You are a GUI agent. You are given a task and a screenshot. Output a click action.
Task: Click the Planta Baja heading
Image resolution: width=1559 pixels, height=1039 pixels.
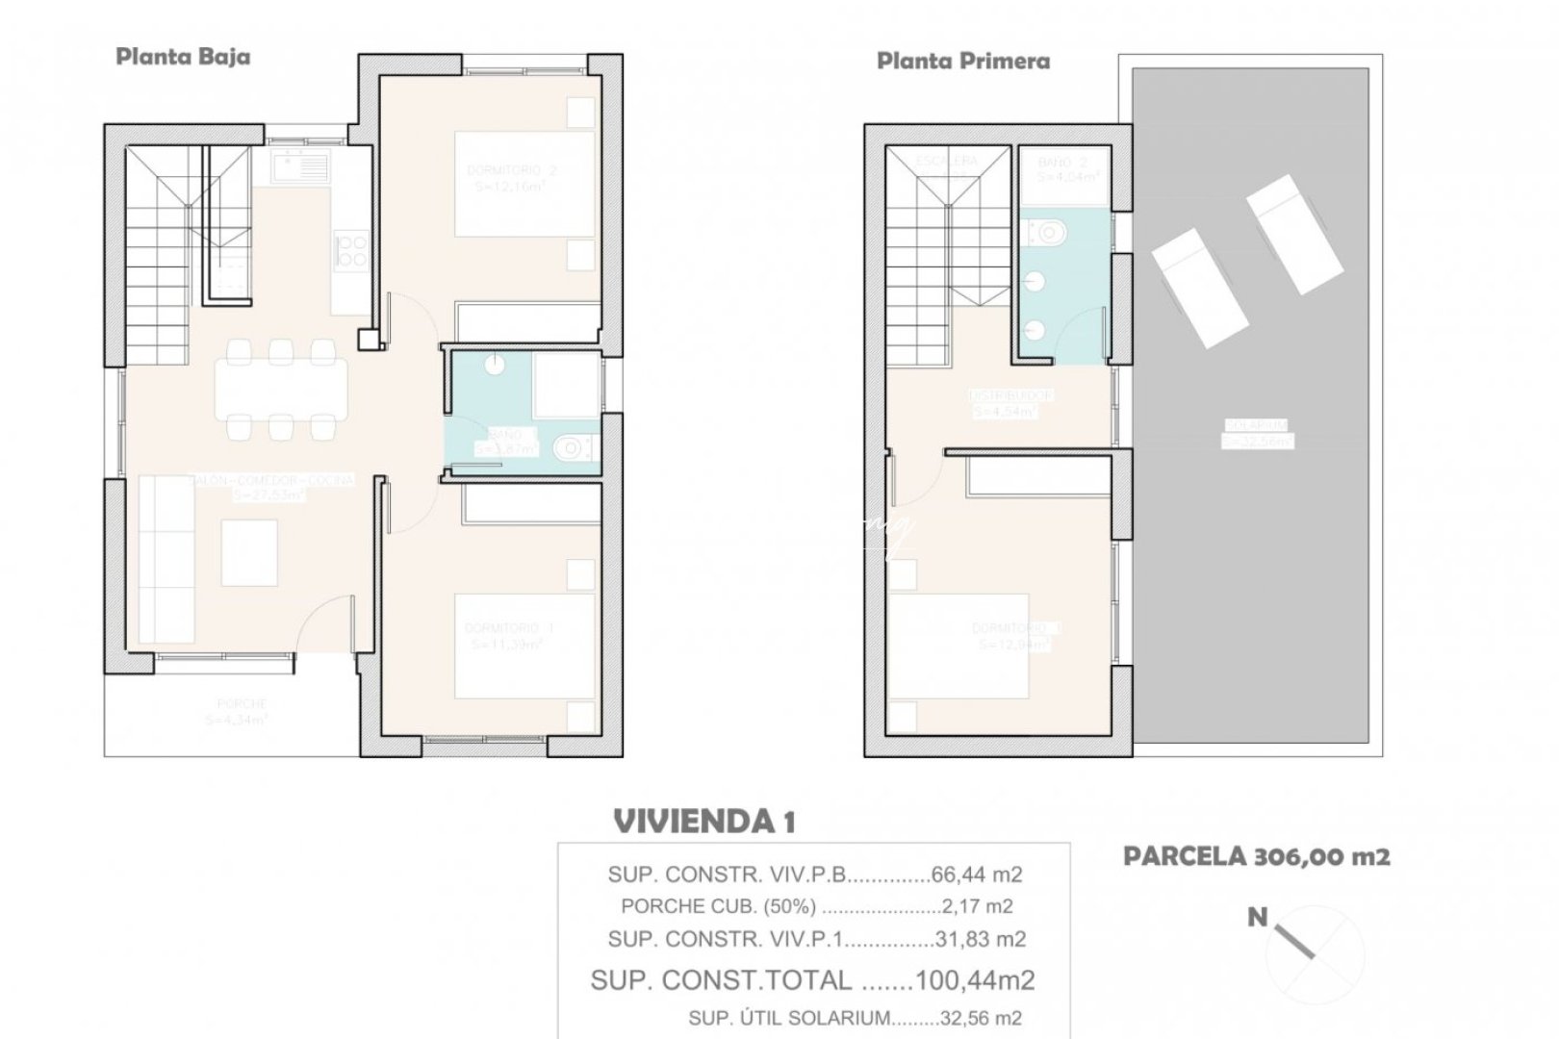[183, 57]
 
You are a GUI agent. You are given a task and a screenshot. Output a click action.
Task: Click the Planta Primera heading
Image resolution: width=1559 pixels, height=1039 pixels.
[963, 62]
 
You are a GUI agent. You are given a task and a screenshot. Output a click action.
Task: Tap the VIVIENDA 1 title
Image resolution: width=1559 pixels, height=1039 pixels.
[704, 822]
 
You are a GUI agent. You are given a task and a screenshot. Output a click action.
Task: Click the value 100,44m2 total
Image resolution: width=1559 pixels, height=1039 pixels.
[975, 980]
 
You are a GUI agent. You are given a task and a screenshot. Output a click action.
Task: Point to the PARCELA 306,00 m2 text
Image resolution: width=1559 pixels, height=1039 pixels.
[1256, 856]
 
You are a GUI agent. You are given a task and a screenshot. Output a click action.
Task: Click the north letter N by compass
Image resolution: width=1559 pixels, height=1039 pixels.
[1257, 918]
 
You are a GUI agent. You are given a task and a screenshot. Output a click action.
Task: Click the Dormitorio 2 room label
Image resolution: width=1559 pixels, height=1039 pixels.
[511, 170]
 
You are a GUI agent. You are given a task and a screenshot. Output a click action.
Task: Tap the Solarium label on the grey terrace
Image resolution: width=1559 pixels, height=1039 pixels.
[1257, 425]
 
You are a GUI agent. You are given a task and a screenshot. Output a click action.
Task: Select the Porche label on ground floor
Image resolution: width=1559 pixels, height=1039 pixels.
[241, 704]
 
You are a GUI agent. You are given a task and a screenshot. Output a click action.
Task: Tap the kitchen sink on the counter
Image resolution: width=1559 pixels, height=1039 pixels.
[300, 167]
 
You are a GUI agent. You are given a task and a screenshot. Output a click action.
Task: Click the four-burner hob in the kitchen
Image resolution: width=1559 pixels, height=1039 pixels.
[350, 250]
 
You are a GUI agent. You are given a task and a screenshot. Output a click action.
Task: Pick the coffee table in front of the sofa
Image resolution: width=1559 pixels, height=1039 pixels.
[249, 552]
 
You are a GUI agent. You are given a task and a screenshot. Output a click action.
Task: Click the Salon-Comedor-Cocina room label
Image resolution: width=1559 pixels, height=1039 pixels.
[272, 479]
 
